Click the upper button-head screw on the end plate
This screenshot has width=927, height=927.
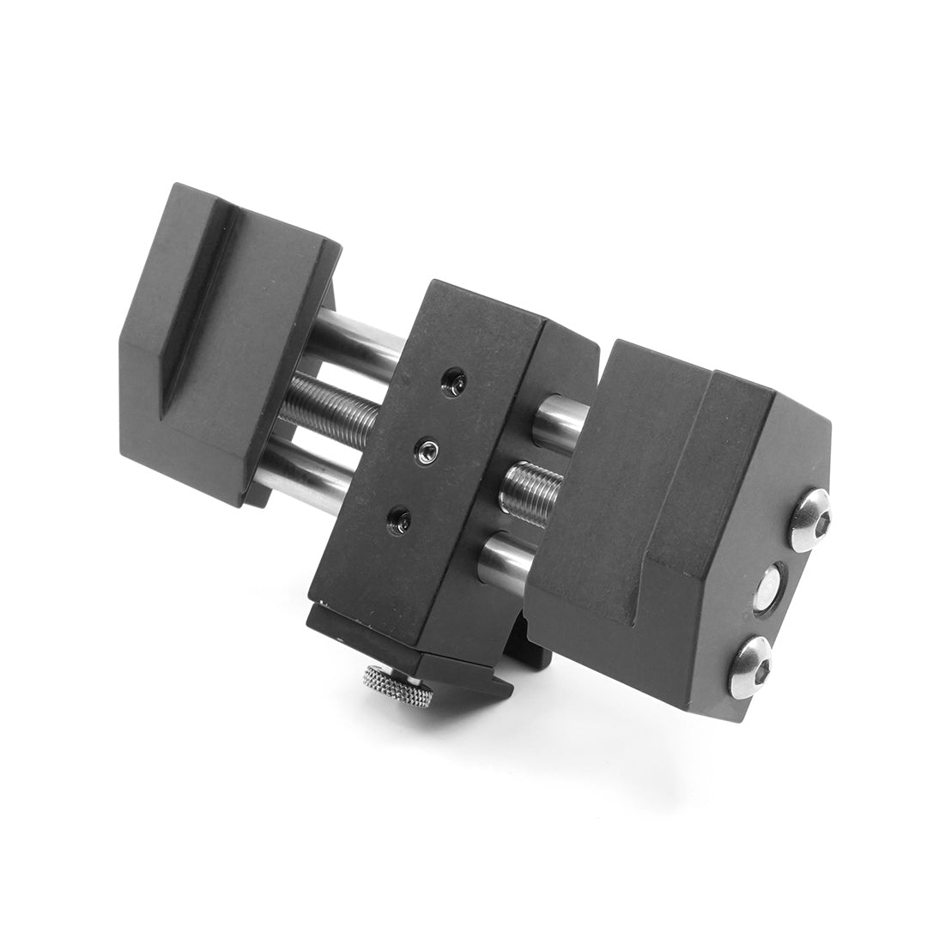point(809,520)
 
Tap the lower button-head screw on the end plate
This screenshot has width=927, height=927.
point(749,665)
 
